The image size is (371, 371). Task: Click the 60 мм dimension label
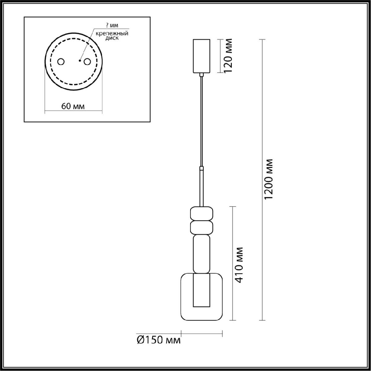point(73,106)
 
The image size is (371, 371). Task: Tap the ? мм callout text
point(112,25)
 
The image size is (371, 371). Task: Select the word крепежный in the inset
point(112,34)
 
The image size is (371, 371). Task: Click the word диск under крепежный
point(112,38)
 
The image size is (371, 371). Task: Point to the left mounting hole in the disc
point(61,62)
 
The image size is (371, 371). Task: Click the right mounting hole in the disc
point(87,62)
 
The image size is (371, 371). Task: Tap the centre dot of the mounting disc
point(79,61)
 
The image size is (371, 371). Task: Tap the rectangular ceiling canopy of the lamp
point(201,56)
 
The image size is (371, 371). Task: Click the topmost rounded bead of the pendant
point(202,213)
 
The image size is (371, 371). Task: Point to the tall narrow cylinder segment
point(202,254)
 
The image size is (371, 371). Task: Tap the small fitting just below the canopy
point(202,75)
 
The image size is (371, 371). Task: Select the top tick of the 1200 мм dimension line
point(262,40)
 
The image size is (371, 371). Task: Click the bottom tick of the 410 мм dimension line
point(233,320)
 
